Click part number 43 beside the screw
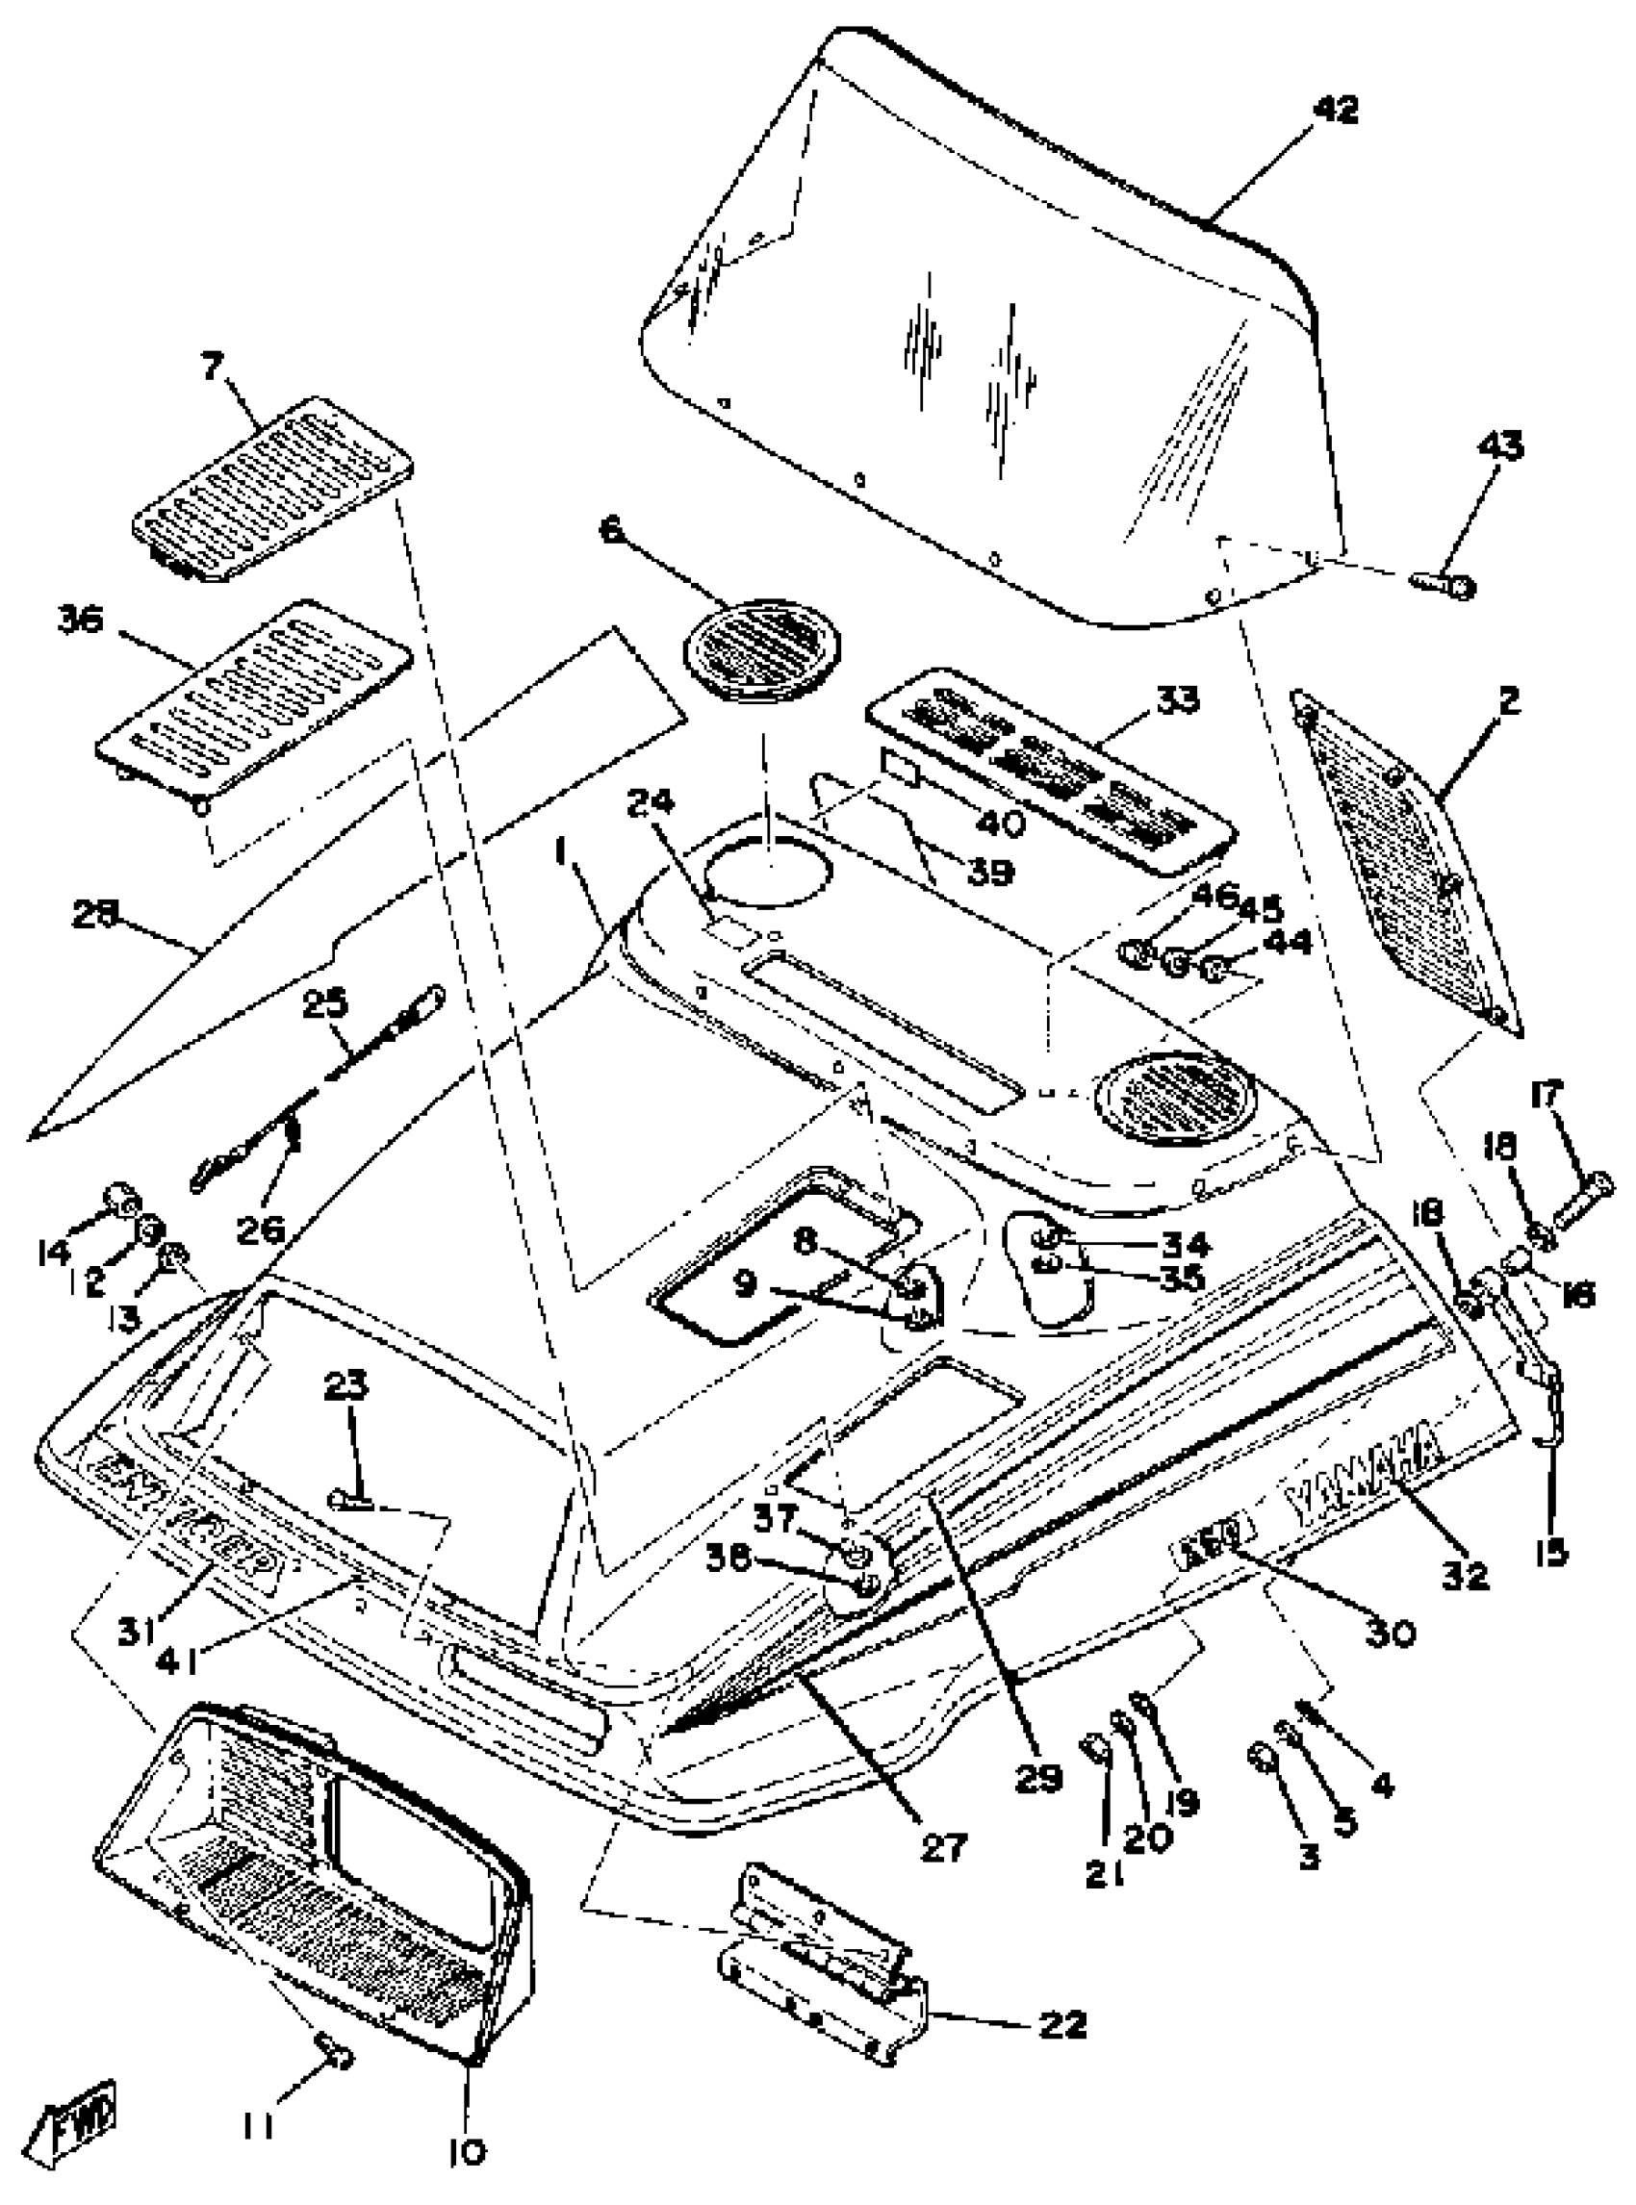pos(1499,447)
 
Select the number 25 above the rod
pos(327,1005)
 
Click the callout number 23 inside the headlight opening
pos(345,1387)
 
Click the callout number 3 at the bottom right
pos(1308,1856)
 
